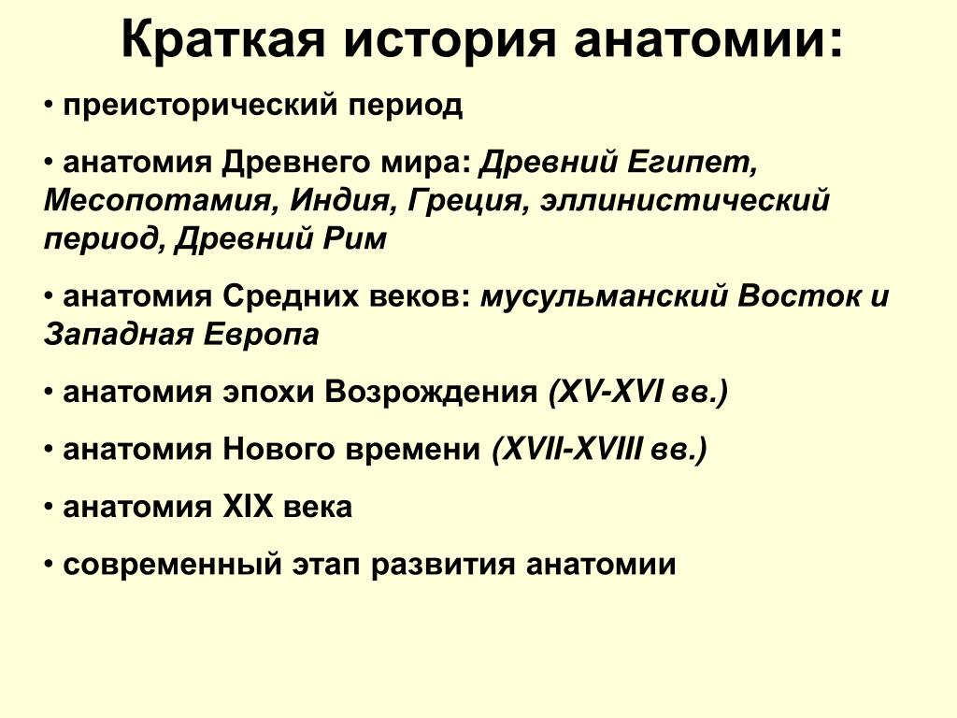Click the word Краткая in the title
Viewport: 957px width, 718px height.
pyautogui.click(x=223, y=40)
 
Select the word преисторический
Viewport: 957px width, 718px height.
pyautogui.click(x=200, y=105)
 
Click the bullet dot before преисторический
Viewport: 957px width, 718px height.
pyautogui.click(x=49, y=106)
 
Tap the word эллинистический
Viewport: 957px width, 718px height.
pyautogui.click(x=685, y=201)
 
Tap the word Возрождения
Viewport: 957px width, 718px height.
pyautogui.click(x=431, y=393)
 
